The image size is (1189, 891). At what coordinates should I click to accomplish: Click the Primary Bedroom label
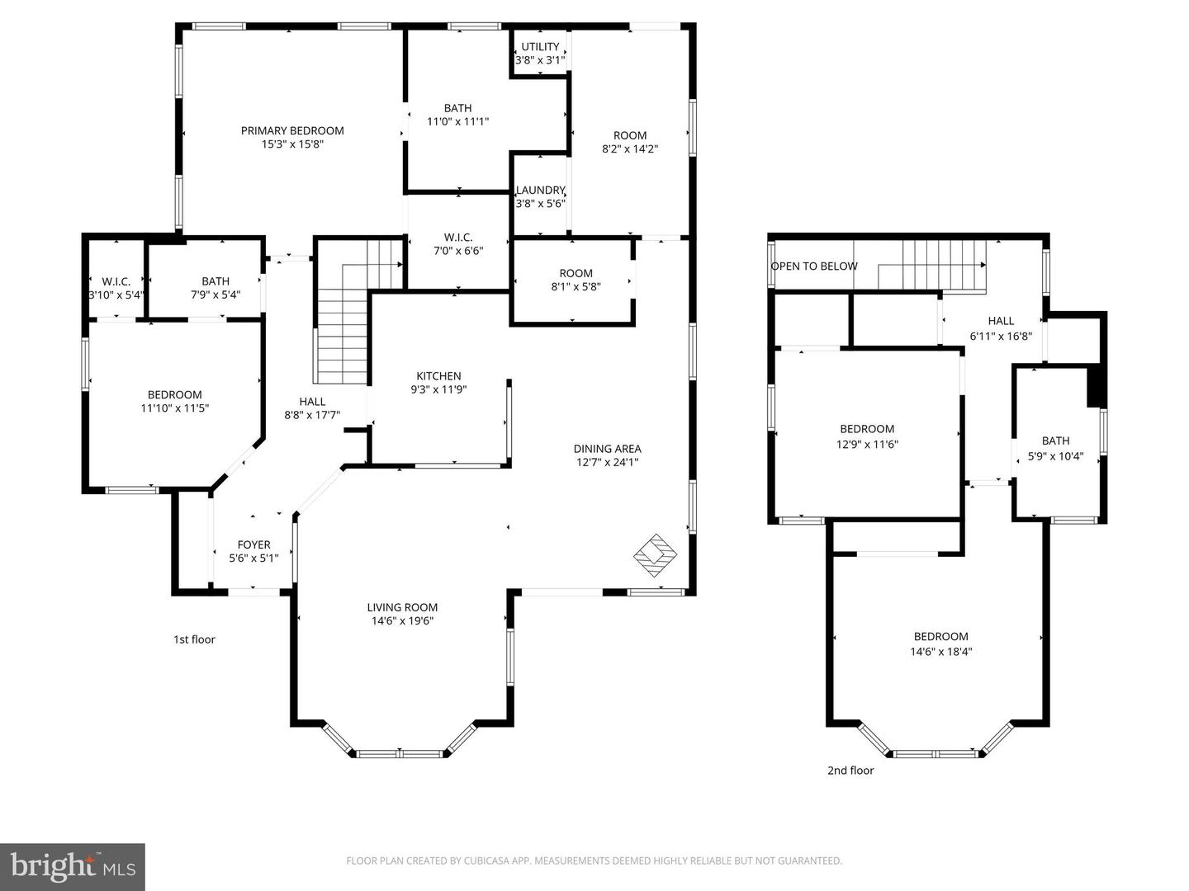coord(292,130)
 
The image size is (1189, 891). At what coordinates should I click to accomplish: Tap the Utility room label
coord(540,47)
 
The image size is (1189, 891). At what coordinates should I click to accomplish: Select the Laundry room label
coord(540,190)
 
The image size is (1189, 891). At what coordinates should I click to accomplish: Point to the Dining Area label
coord(607,449)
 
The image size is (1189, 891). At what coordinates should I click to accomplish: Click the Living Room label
coord(402,607)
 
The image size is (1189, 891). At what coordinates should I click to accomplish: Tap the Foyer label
coord(253,544)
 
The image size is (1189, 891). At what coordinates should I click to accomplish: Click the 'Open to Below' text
coord(813,266)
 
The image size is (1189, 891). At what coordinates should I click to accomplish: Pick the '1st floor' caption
coord(194,639)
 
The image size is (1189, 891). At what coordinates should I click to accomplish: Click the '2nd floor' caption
coord(850,771)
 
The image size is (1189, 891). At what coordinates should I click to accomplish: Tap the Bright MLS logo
coord(73,866)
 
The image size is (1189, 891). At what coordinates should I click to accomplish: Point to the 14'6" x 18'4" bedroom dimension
coord(940,651)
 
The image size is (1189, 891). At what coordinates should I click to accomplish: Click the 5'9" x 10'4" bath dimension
coord(1055,455)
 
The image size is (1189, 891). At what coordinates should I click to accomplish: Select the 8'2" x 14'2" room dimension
coord(630,149)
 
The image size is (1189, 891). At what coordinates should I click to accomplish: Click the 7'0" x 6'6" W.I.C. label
coord(458,244)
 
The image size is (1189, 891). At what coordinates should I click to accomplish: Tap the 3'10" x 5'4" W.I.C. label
coord(116,288)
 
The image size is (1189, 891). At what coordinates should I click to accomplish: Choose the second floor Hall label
coord(1001,321)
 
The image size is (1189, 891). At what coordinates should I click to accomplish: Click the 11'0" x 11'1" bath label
coord(457,115)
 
